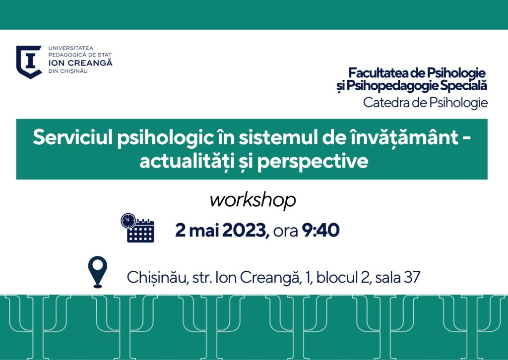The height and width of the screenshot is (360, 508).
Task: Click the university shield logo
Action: [29, 62]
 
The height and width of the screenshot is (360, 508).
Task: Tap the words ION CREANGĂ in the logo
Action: [80, 63]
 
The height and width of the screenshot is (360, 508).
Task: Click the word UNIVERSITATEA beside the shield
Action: [70, 48]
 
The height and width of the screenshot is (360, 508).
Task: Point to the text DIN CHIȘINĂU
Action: [68, 71]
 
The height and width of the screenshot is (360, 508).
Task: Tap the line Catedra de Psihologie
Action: [425, 103]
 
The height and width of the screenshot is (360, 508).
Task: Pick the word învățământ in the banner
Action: [404, 137]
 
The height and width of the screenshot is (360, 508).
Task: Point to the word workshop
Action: [253, 200]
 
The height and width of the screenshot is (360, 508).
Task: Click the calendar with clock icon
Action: [137, 228]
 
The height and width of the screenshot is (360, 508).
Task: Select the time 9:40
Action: [321, 230]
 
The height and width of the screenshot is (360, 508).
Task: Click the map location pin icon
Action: [98, 272]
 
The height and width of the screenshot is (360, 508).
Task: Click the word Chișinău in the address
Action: [158, 278]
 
